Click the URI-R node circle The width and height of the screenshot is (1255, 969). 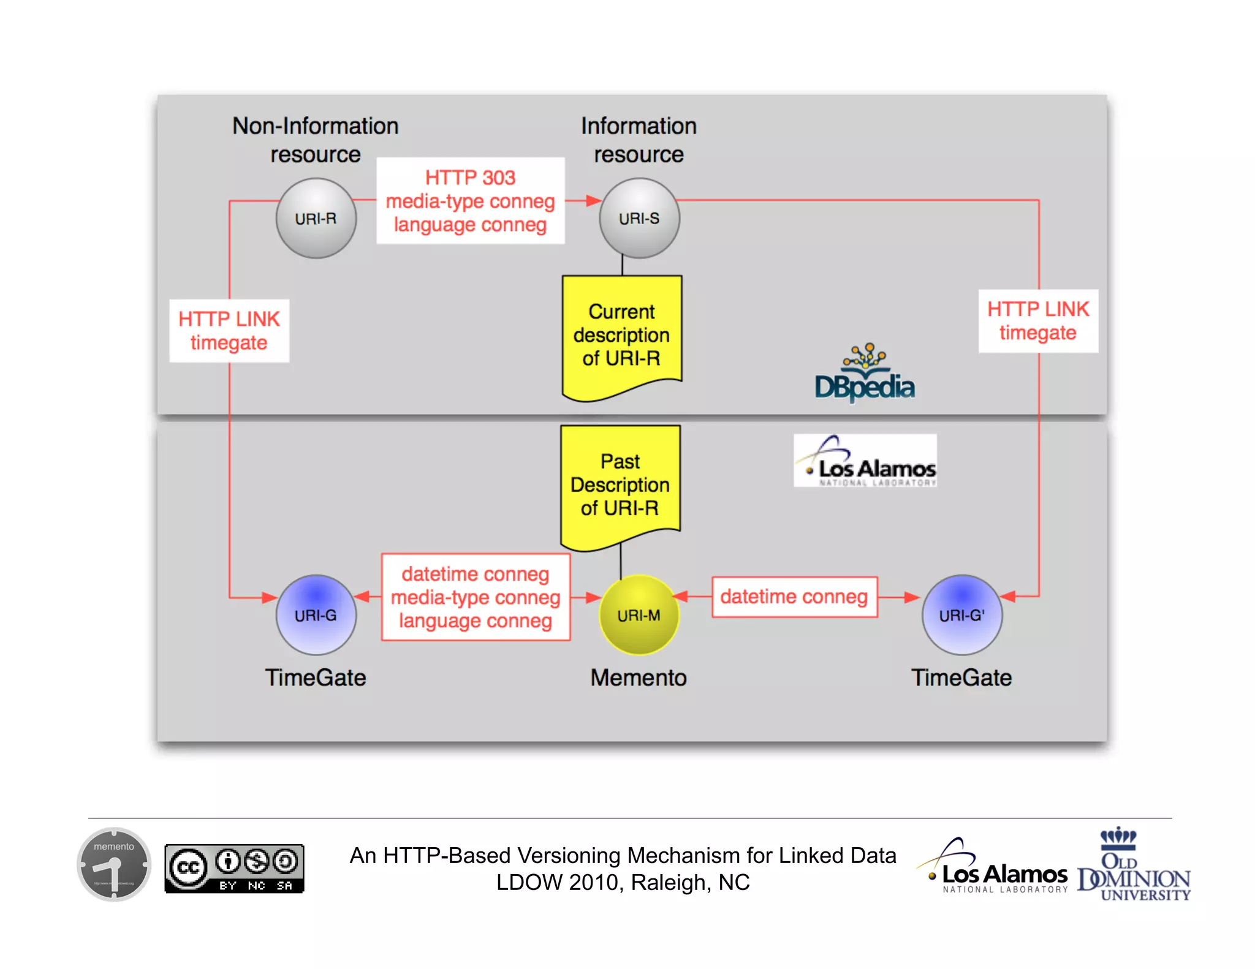point(316,218)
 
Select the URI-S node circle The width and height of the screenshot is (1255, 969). point(639,218)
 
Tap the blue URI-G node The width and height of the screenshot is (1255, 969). point(316,614)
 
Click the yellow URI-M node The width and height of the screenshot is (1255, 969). point(639,614)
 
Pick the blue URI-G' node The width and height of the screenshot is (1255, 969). point(961,614)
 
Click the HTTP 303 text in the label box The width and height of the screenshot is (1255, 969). point(470,178)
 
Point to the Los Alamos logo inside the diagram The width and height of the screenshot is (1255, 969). point(865,461)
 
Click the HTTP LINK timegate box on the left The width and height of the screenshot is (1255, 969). point(229,331)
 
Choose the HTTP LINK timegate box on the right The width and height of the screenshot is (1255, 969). point(1038,321)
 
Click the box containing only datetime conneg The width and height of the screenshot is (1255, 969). point(794,597)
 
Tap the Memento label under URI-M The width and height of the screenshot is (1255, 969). point(639,677)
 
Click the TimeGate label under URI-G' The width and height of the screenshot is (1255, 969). point(961,677)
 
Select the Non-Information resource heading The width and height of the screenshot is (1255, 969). point(315,140)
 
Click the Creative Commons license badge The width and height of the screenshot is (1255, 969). point(234,868)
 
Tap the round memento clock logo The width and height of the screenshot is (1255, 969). point(114,864)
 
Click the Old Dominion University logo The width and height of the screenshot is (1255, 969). point(1134,865)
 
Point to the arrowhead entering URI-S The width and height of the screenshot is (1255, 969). point(593,200)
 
